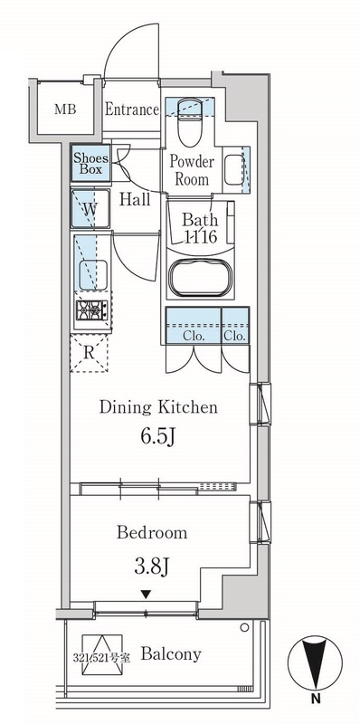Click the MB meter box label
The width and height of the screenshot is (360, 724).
click(x=65, y=110)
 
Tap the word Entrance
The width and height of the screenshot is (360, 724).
click(x=132, y=110)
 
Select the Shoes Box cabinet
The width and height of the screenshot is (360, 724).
click(x=90, y=163)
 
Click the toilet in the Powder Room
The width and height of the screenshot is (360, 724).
click(x=189, y=122)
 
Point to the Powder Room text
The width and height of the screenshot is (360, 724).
click(x=192, y=170)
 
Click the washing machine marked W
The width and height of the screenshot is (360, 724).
click(x=90, y=209)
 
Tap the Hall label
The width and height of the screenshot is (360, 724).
click(x=136, y=199)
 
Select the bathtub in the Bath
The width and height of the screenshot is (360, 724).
click(x=199, y=277)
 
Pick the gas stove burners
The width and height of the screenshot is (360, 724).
click(x=92, y=310)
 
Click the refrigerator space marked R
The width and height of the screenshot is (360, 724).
click(x=89, y=353)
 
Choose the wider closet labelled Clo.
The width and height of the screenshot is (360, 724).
click(x=194, y=326)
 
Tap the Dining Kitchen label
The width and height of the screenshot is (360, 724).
click(x=158, y=407)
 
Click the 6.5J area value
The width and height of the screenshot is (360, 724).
click(x=158, y=437)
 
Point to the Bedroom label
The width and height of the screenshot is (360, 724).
click(x=152, y=533)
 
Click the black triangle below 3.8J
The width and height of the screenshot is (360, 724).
click(x=146, y=595)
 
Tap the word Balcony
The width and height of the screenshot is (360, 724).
click(x=171, y=653)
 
